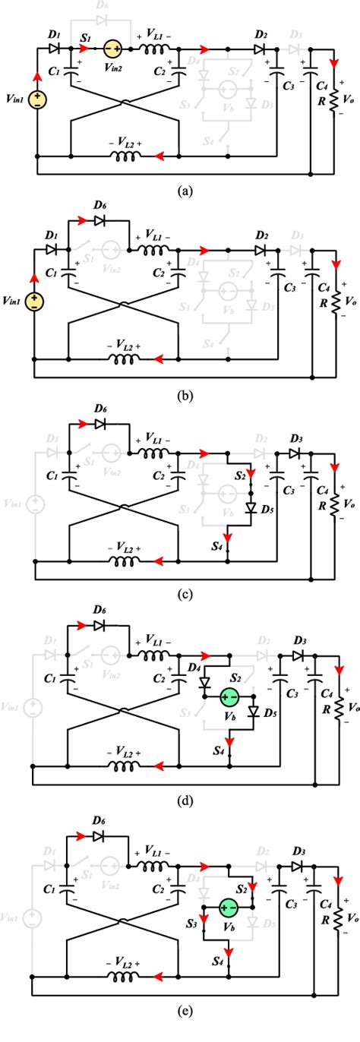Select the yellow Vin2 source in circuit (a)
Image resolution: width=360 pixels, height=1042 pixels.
pos(113,47)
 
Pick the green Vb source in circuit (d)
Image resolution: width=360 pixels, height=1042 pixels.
pos(229,696)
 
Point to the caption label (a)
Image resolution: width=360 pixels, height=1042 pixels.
pos(180,192)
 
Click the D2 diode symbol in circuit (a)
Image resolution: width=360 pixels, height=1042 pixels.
pos(261,47)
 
